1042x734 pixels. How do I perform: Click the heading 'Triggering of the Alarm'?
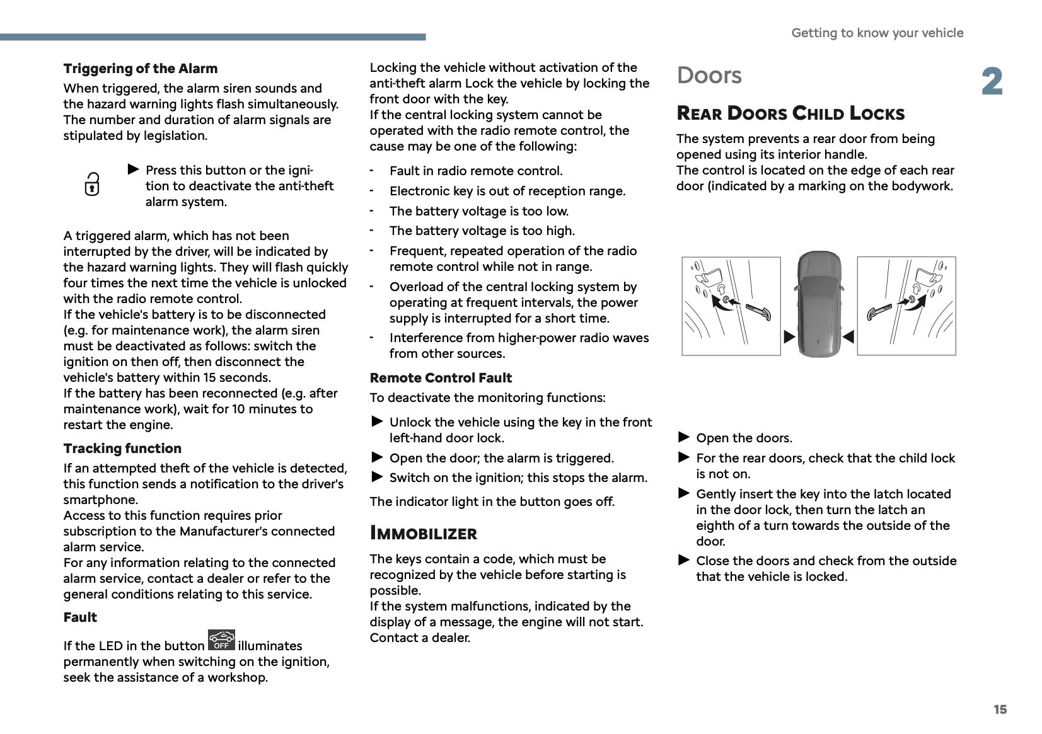[140, 69]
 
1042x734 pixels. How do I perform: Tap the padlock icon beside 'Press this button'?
[92, 184]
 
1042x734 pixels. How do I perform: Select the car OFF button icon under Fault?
[221, 639]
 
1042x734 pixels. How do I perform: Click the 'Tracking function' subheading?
[122, 449]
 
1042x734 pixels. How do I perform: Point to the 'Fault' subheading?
[80, 617]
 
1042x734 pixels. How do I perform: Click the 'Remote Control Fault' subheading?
[441, 378]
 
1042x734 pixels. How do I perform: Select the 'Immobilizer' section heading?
[423, 534]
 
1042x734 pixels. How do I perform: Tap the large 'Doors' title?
[709, 76]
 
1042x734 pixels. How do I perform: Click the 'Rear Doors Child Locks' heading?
[790, 113]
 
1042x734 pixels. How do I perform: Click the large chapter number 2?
[992, 83]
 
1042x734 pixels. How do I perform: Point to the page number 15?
[1000, 710]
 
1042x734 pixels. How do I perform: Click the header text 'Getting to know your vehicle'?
[877, 33]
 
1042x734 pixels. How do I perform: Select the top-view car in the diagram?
[819, 304]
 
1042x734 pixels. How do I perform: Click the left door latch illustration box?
[731, 306]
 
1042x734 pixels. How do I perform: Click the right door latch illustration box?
[906, 306]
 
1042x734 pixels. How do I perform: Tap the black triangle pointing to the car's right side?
[848, 337]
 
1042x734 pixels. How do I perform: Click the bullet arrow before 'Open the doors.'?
[684, 437]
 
